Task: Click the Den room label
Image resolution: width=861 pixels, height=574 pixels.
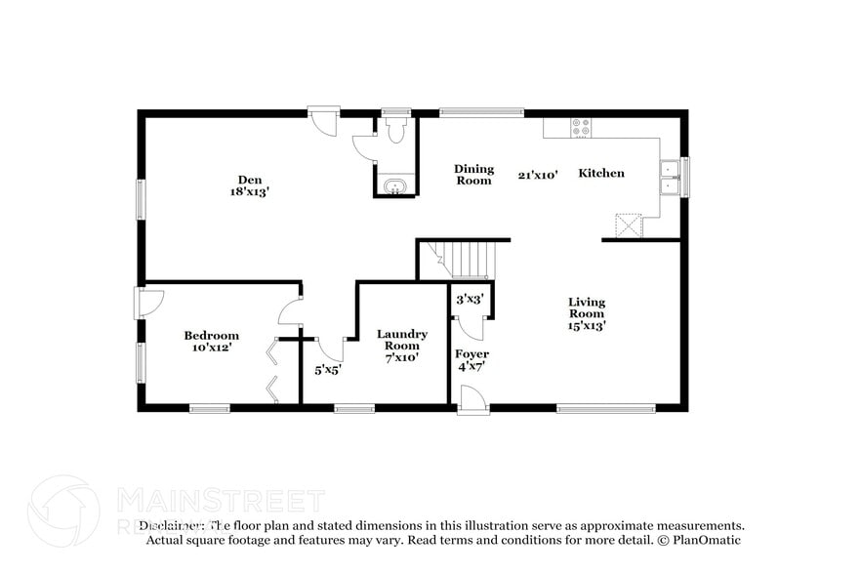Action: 248,179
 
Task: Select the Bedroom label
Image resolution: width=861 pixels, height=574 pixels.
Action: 211,336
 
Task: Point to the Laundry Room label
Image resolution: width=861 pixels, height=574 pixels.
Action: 401,340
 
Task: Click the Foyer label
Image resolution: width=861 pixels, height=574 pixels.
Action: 471,353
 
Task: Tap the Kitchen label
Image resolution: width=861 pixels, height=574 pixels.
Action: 601,173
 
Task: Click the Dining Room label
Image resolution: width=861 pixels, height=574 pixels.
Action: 473,174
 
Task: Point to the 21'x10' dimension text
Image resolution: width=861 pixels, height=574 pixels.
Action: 538,175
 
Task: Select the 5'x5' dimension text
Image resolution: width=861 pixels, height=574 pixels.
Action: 326,370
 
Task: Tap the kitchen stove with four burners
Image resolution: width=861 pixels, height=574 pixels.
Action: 581,127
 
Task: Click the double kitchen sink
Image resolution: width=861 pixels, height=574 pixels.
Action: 670,177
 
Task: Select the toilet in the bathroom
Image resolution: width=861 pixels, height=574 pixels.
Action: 395,131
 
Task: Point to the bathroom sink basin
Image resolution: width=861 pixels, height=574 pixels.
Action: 395,186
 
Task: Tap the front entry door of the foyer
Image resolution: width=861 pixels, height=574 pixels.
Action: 472,399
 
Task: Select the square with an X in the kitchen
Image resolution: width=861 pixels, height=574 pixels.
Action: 627,225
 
